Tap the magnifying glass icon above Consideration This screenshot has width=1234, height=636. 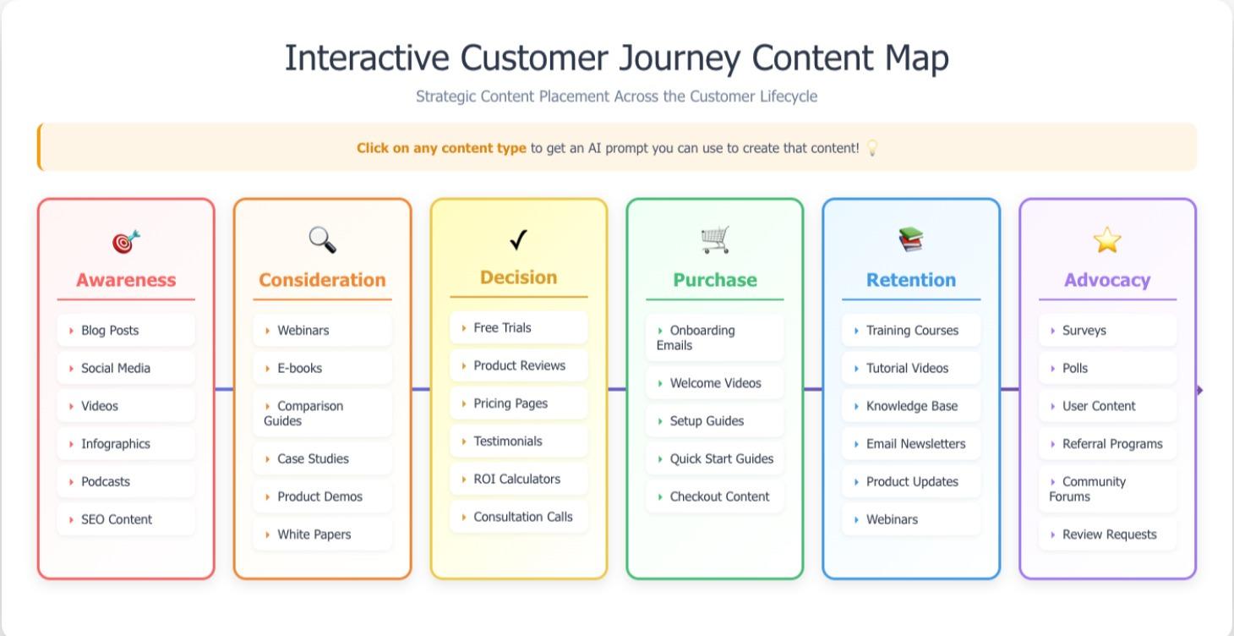point(322,240)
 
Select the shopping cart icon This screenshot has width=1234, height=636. point(714,240)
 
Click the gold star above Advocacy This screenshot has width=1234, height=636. point(1106,240)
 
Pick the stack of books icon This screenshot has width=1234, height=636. point(910,240)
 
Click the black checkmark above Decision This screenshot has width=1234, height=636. point(518,240)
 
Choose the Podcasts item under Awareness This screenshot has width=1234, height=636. point(106,481)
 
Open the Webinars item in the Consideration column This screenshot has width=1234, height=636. point(303,330)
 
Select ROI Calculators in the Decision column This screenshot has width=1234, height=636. point(516,479)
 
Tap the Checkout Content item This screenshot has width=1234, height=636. point(719,496)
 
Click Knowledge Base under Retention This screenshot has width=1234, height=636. point(911,406)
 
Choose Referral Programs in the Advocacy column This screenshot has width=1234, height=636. point(1111,444)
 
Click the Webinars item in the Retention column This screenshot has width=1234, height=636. point(892,519)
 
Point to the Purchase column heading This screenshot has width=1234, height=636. point(714,280)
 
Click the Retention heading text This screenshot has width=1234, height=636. point(910,280)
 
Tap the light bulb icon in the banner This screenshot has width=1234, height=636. point(872,148)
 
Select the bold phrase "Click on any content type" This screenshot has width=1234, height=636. point(441,148)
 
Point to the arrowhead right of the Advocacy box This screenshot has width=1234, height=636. point(1200,390)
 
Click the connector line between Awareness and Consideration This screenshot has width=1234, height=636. point(224,389)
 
